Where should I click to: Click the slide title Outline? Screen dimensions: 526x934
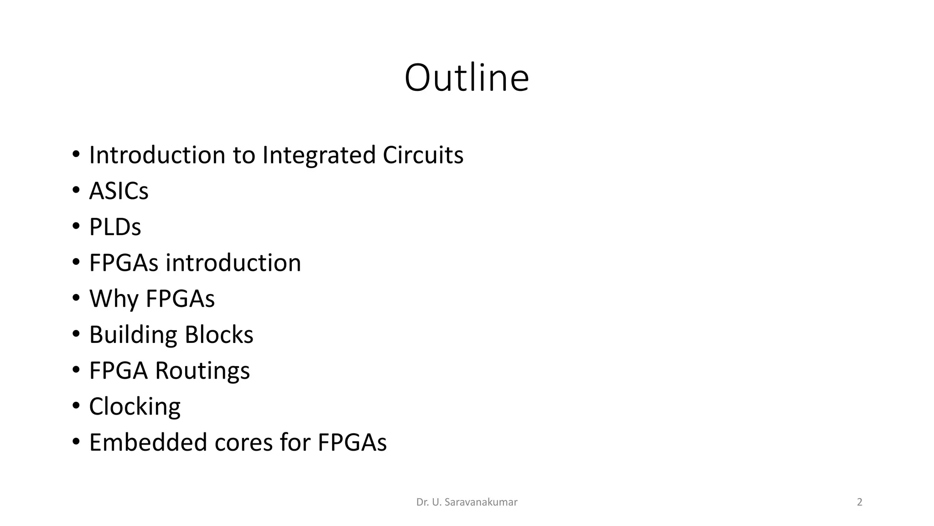click(x=467, y=78)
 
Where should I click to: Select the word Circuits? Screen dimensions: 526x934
click(x=423, y=155)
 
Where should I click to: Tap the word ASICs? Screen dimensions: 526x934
click(x=119, y=191)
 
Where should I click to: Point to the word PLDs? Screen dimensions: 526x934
click(x=115, y=227)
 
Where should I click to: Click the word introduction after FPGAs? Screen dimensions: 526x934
click(x=233, y=263)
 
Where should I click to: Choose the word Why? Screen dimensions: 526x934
click(x=114, y=299)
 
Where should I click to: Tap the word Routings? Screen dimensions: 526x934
click(x=202, y=371)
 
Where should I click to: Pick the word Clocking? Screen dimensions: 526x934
click(x=135, y=407)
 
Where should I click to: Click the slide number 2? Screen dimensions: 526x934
click(x=860, y=502)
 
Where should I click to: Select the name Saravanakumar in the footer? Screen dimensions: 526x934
click(x=481, y=502)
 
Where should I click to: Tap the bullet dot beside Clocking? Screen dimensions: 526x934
click(x=76, y=406)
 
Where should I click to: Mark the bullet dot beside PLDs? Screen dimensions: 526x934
click(x=76, y=226)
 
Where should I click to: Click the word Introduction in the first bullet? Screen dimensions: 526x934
click(x=157, y=155)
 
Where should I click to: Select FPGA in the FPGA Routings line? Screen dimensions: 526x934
click(x=119, y=371)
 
